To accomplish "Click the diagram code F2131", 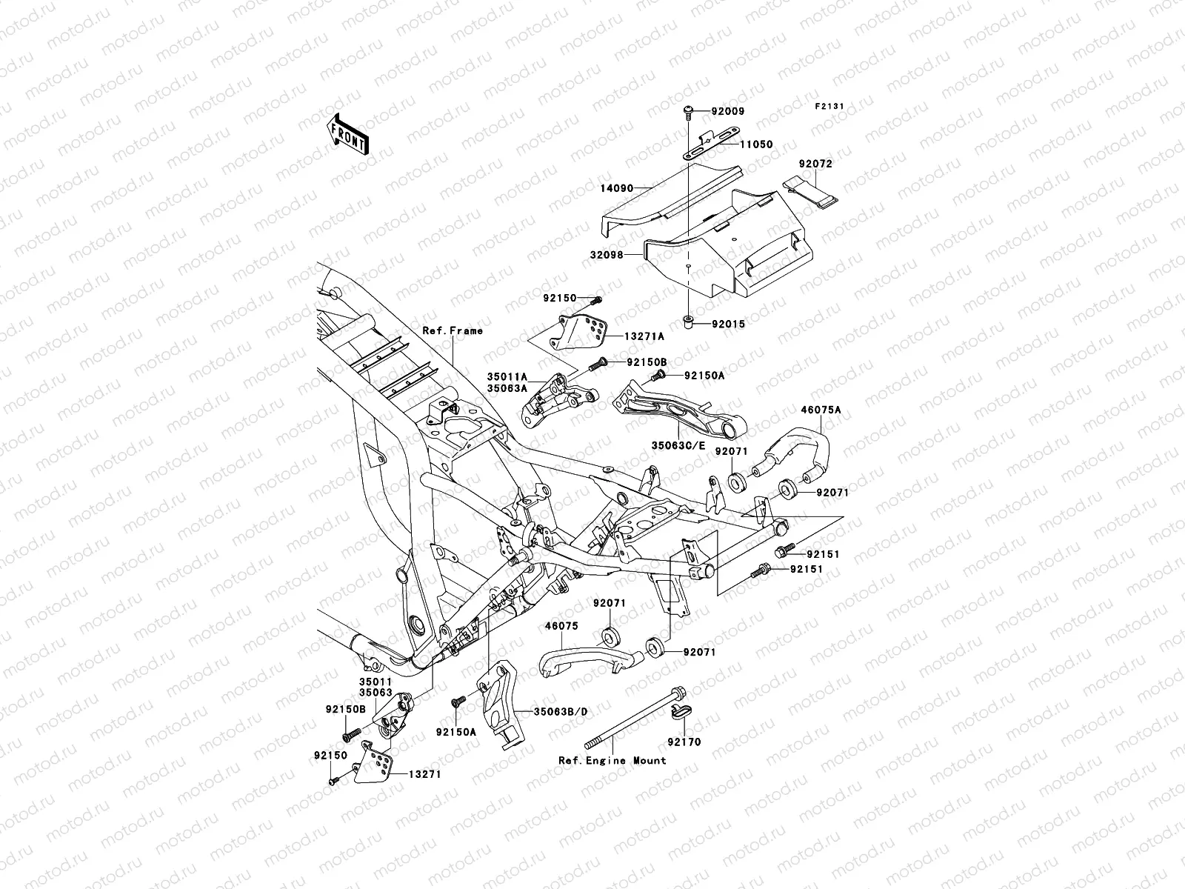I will (x=830, y=107).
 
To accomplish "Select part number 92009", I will (x=727, y=112).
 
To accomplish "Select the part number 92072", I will (x=815, y=164).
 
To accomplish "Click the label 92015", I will (x=727, y=324).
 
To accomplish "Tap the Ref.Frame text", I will (x=453, y=330).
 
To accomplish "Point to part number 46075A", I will (x=820, y=409).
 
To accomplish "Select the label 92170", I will (x=683, y=742).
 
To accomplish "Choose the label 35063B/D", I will (x=561, y=711).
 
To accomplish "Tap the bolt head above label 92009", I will (x=687, y=112).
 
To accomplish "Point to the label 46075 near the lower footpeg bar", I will (x=562, y=626).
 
